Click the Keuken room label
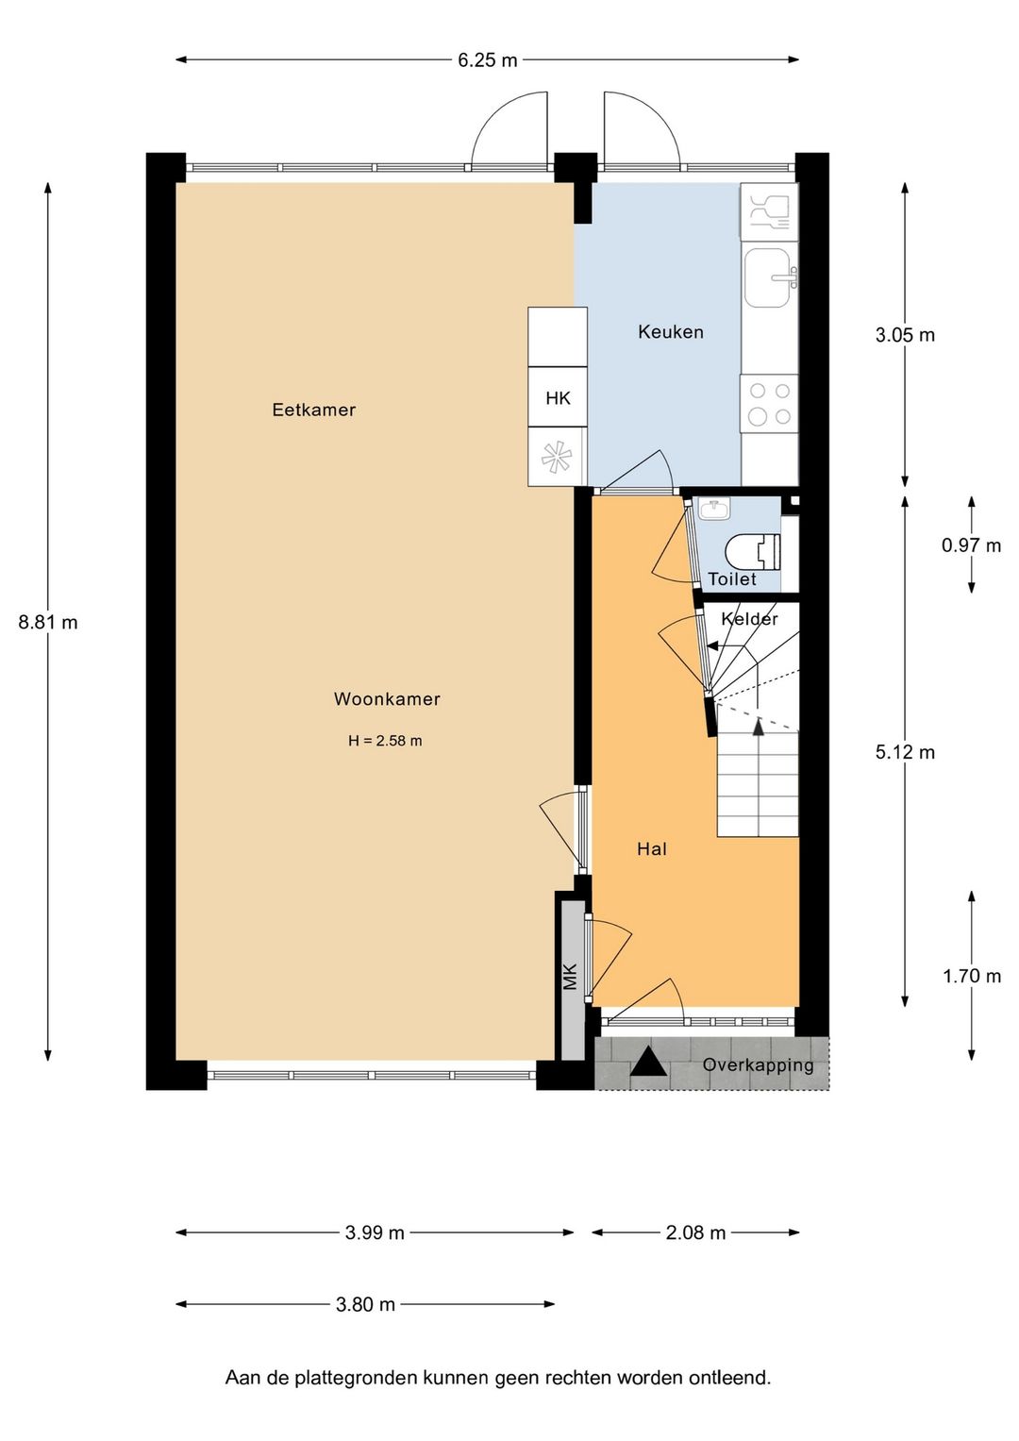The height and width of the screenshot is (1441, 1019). coord(670,332)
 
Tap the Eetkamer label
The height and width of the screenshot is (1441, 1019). coord(314,410)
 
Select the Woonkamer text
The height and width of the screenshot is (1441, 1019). coord(387,699)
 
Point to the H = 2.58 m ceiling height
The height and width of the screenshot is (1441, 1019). coord(385,741)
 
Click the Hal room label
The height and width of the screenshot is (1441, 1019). coord(652,849)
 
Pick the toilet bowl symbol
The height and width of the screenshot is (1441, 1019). coord(753,551)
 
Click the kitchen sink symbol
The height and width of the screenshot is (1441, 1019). coord(770,277)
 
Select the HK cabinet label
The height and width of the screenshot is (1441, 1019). coord(558,398)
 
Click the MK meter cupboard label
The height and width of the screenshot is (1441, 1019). coord(570,977)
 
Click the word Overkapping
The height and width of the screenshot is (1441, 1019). coord(758,1065)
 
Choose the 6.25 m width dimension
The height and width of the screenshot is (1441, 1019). coord(487,59)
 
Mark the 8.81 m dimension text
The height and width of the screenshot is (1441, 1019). coord(47,622)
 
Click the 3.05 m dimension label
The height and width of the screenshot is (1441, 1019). coord(905,335)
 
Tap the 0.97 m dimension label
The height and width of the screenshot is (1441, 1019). coord(972,545)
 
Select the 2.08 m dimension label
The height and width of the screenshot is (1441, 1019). coord(695,1232)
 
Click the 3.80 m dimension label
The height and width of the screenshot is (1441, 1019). coord(365,1304)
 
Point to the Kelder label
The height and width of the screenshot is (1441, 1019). coord(749,619)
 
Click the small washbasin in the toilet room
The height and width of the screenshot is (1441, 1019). coord(714,510)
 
